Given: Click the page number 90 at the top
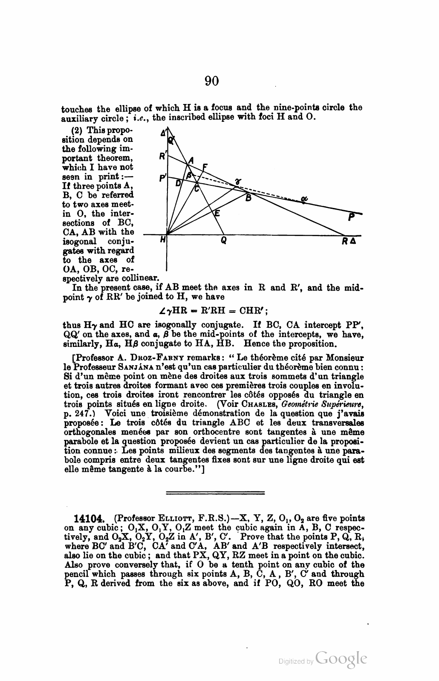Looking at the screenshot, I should click(211, 80).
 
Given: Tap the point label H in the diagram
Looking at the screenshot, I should click(162, 241).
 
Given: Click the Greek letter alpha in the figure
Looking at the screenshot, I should click(304, 199).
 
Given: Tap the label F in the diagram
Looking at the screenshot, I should click(205, 167).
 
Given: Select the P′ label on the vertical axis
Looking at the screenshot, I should click(162, 179).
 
